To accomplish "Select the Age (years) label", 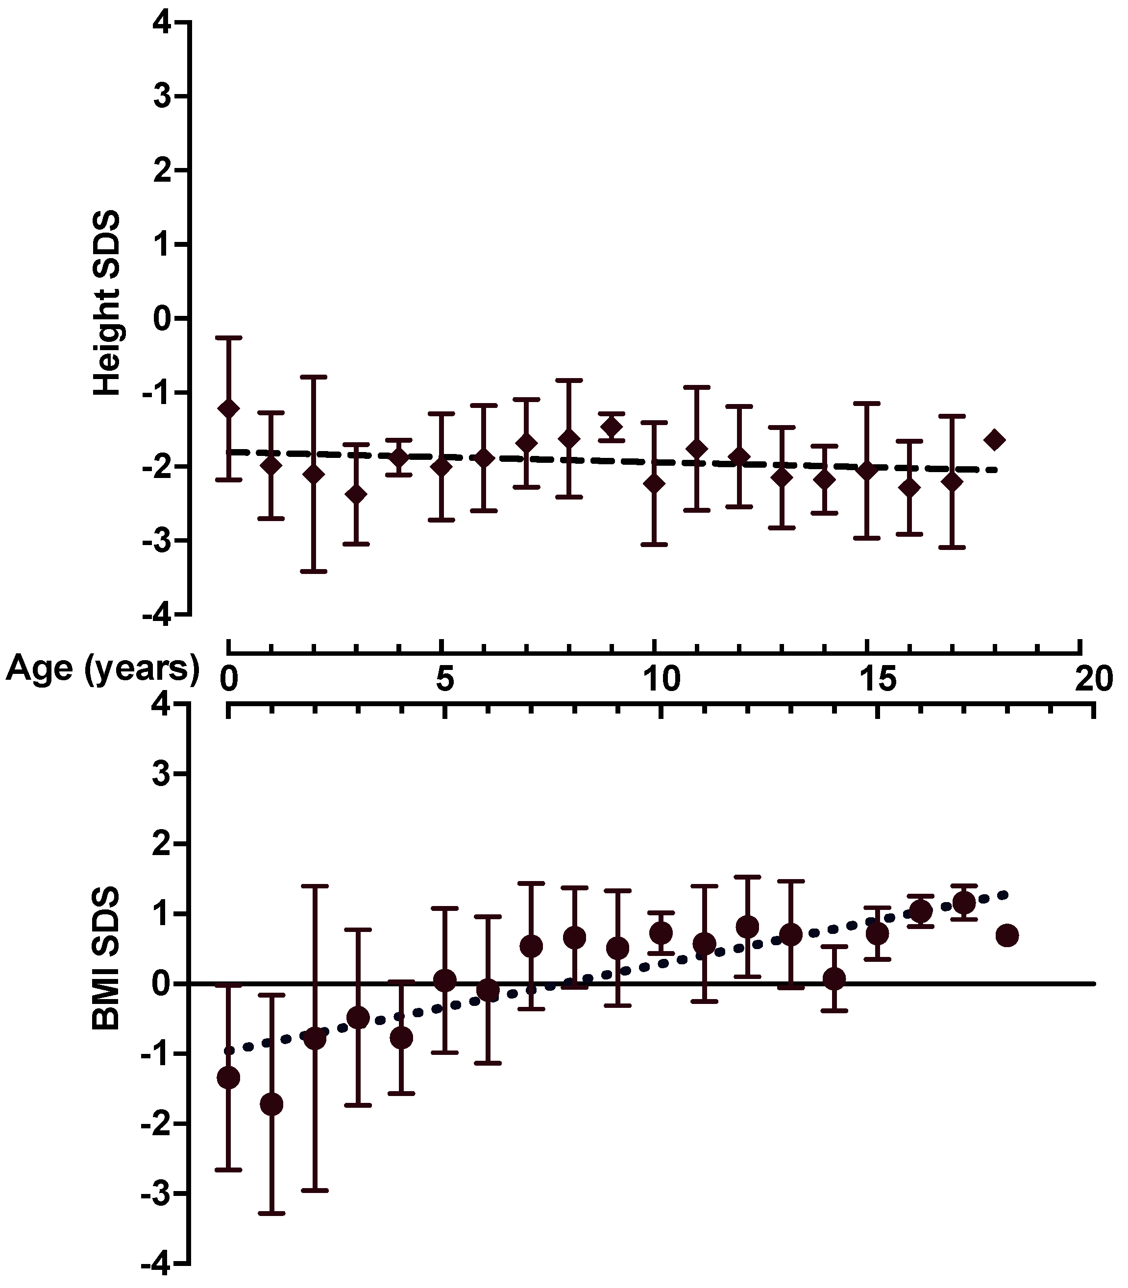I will coord(102,668).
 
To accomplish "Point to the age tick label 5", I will coord(444,680).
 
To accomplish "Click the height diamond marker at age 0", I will coord(228,408).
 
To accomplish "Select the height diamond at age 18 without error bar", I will coord(995,440).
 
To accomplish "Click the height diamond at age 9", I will coord(611,427).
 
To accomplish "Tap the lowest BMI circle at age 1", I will coord(271,1104).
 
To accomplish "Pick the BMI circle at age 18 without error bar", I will coord(1007,936).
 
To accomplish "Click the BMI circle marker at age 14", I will coord(834,979).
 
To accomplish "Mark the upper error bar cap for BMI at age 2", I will coord(315,885).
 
